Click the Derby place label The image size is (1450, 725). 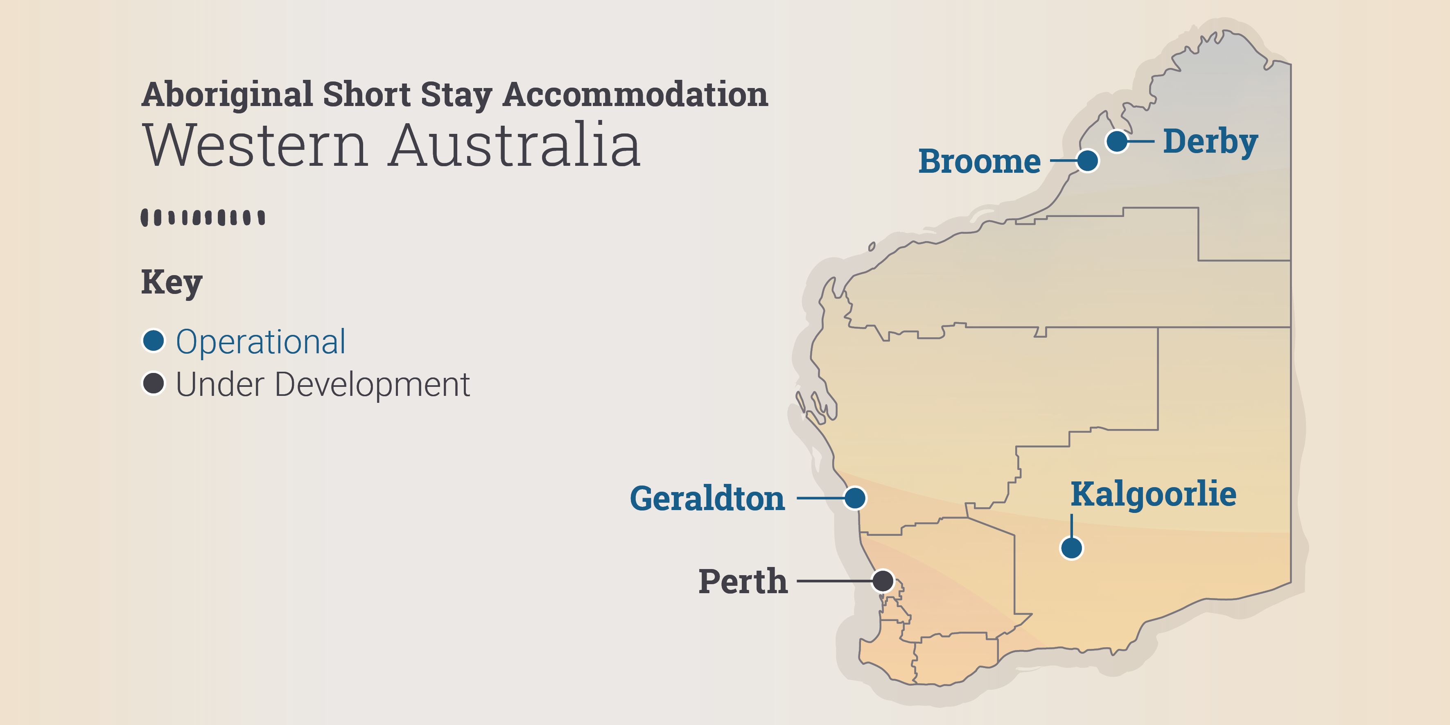[1210, 141]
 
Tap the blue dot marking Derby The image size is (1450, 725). [1117, 141]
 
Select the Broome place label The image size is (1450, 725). [979, 162]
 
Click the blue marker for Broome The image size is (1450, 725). [1087, 160]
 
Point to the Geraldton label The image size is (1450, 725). [707, 499]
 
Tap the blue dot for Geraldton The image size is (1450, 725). [855, 498]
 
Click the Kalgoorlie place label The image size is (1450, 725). [1153, 494]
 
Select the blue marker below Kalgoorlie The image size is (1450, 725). [1071, 548]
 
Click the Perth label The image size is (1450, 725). [743, 581]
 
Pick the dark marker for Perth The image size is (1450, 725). [883, 581]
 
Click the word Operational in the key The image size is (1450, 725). [261, 342]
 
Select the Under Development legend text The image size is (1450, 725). [323, 384]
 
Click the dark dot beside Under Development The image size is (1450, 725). [153, 383]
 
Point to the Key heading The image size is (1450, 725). [171, 282]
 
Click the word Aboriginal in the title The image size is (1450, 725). [227, 95]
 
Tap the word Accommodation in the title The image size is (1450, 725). [635, 95]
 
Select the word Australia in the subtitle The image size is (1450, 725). [515, 146]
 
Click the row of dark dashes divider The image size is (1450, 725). [203, 217]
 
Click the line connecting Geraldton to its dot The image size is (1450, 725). [820, 498]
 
